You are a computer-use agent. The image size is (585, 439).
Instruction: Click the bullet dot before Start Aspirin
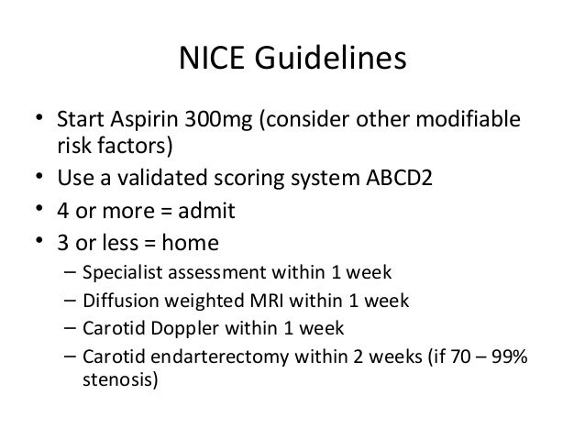pos(39,121)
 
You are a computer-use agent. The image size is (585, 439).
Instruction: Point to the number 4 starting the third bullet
pos(65,212)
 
